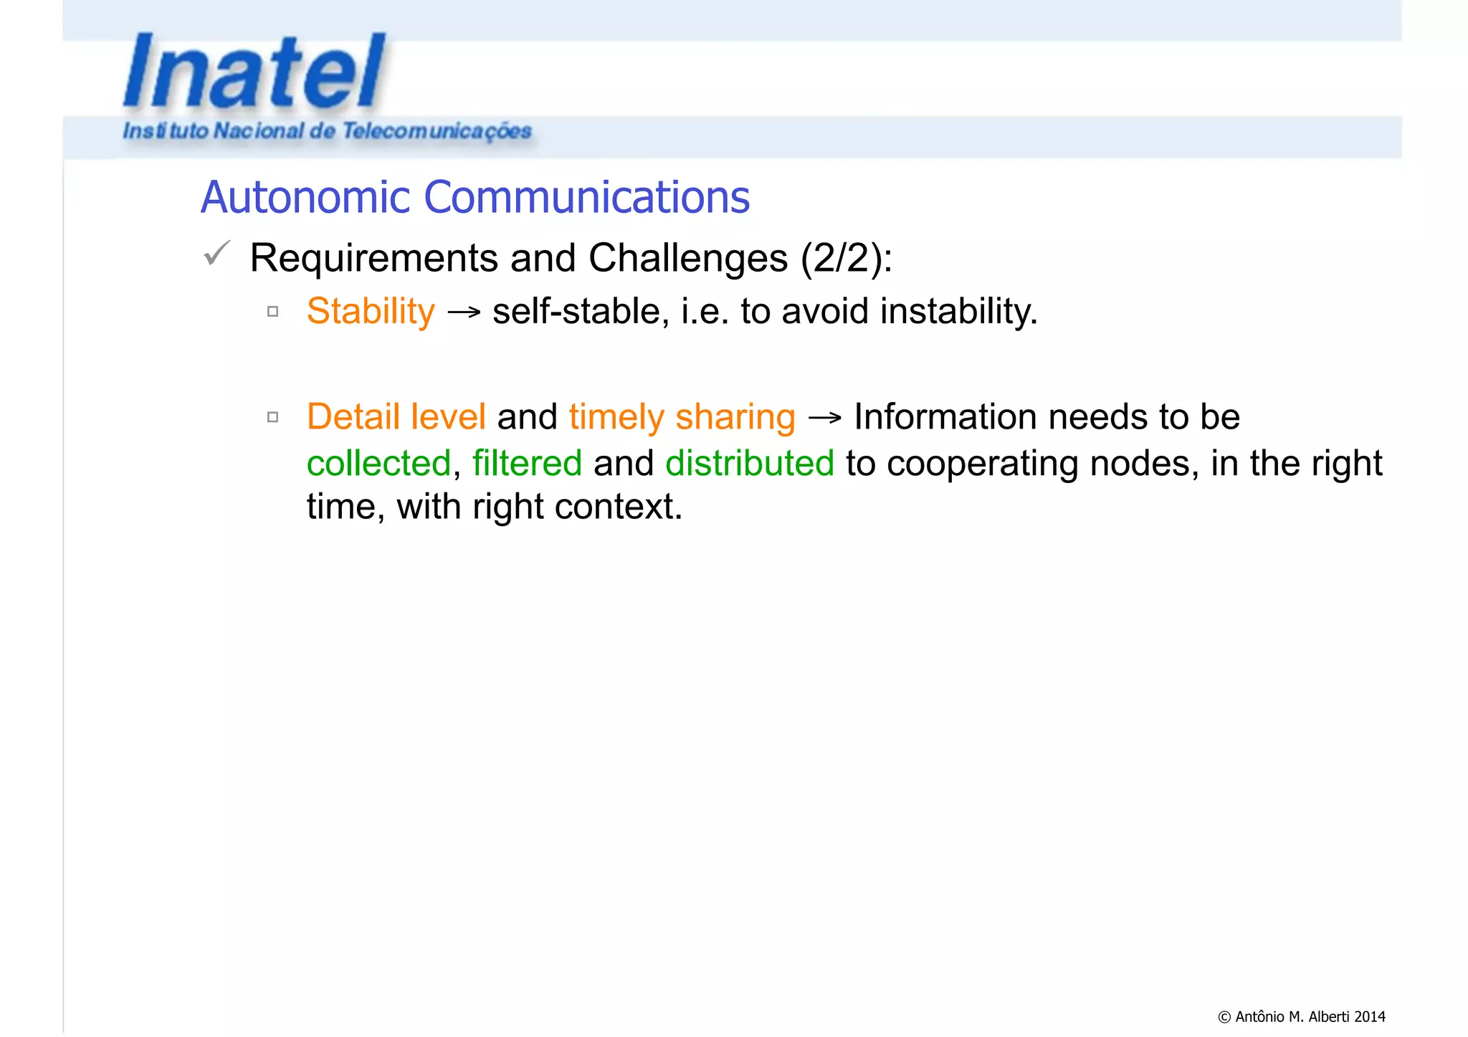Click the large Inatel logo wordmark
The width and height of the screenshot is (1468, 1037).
254,72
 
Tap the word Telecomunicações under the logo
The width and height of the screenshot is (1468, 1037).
437,131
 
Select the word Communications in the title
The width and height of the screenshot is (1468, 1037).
586,197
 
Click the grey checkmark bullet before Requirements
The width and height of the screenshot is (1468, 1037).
216,253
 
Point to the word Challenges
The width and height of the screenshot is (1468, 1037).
688,258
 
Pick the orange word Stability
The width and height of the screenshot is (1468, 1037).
371,312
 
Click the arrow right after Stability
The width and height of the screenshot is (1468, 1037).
463,312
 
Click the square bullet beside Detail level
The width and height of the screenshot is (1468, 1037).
272,417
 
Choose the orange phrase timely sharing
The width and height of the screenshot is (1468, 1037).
682,417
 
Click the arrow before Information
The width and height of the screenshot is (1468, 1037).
824,418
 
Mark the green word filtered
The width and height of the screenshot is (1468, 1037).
527,463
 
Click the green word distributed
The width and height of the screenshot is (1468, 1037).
750,463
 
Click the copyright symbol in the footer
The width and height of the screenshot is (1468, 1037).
1224,1017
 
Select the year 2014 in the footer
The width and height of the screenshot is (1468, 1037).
1370,1017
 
